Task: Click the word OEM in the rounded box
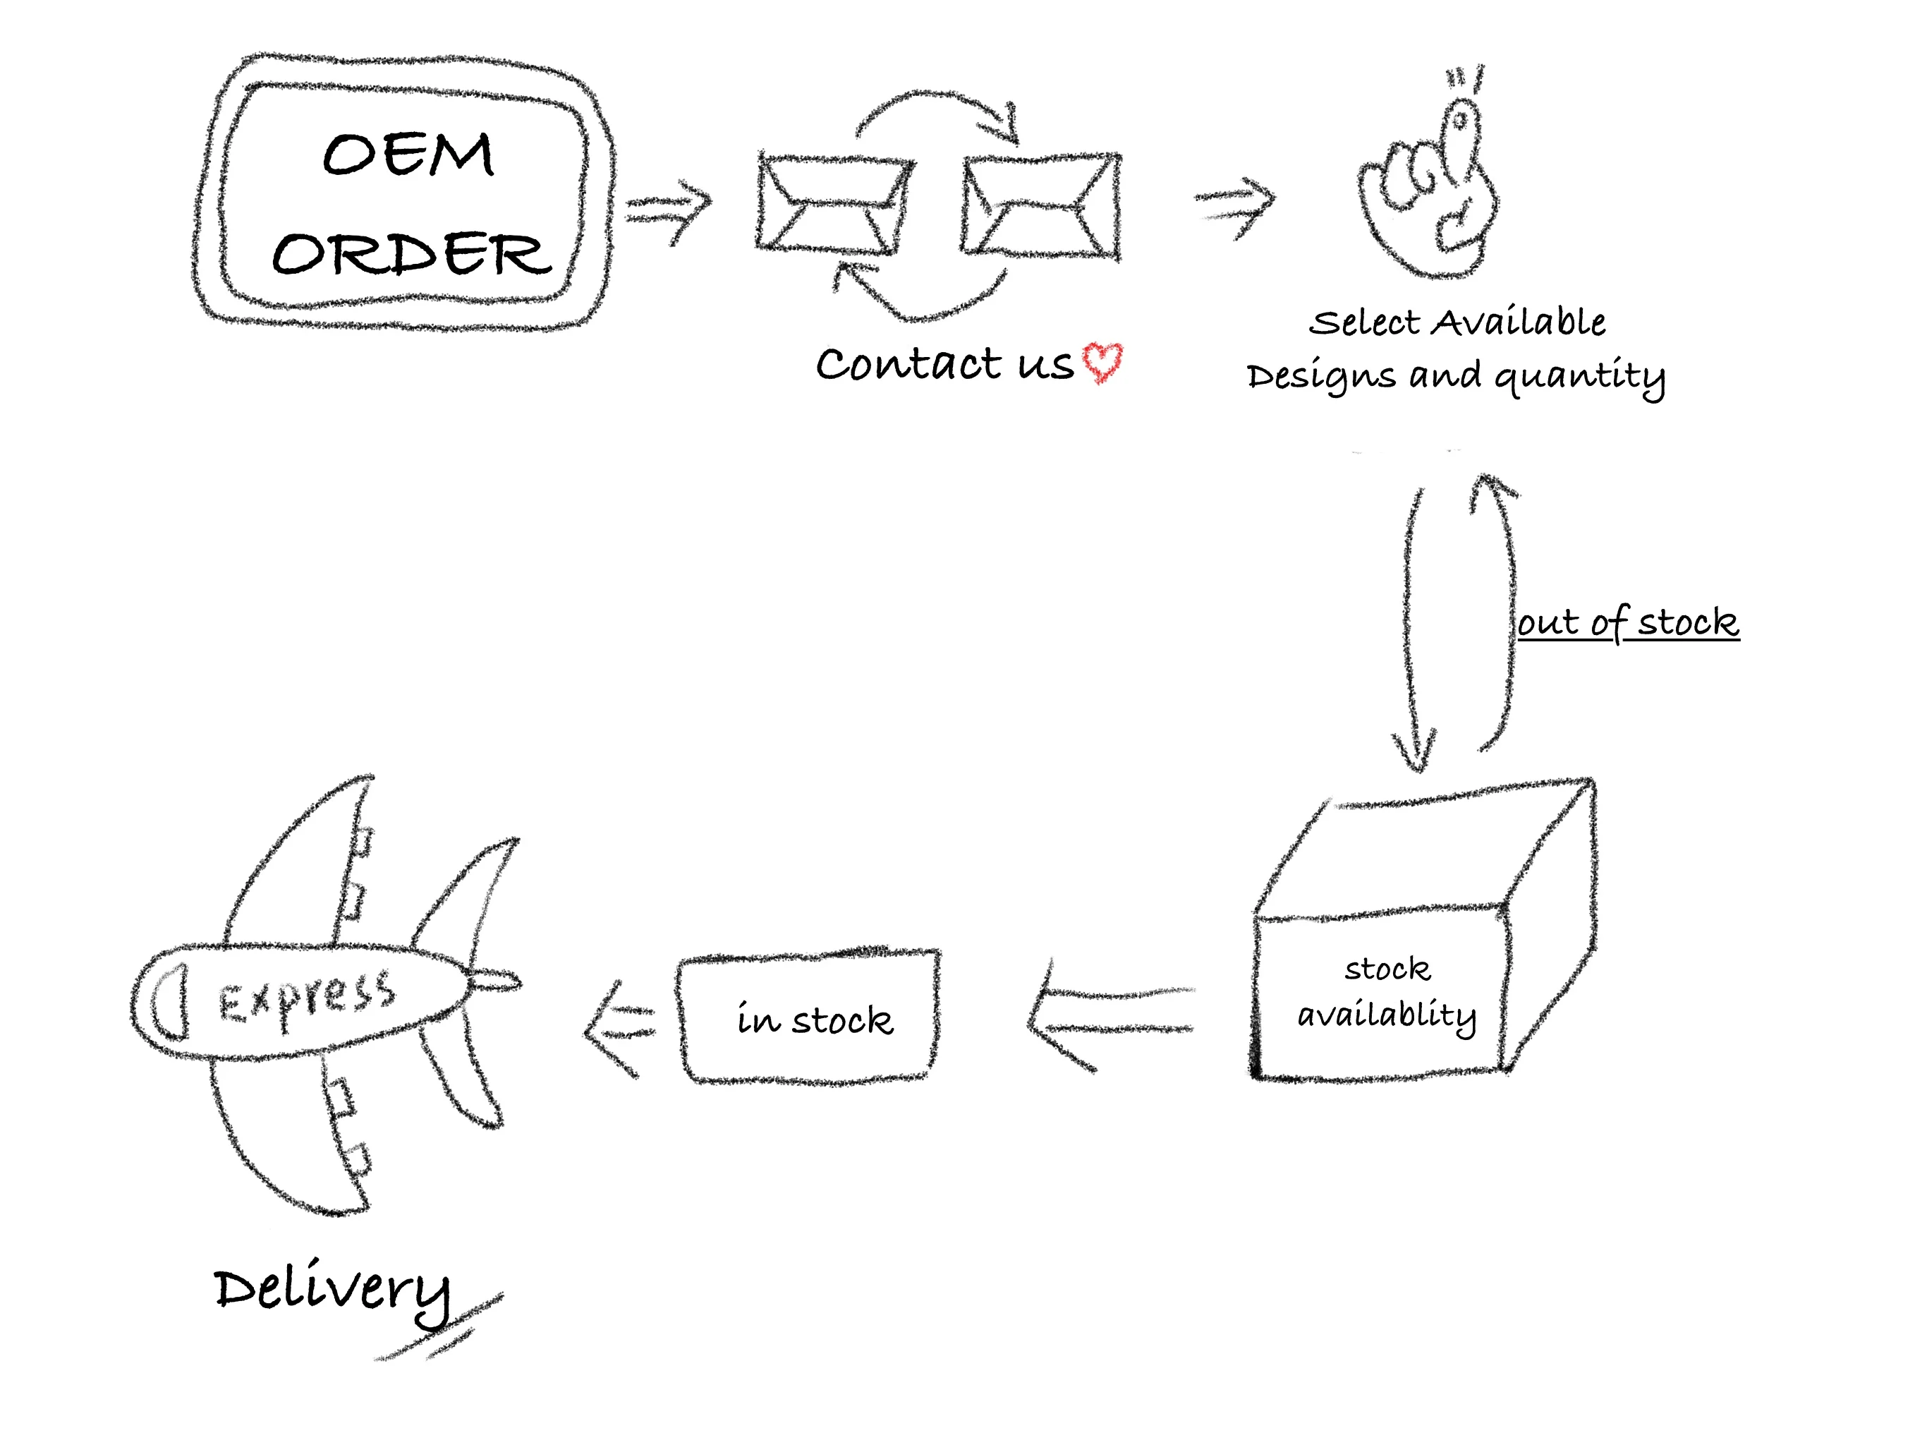(408, 155)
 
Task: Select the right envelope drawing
(1040, 206)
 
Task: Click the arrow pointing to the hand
(1235, 206)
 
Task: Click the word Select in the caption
(1364, 323)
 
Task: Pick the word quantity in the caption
(1579, 377)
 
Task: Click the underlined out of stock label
(1627, 622)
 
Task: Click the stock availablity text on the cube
(1386, 993)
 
